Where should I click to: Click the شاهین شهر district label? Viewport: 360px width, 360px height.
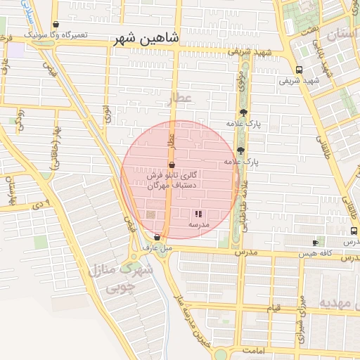point(146,39)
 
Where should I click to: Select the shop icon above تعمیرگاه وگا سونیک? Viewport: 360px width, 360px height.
point(56,24)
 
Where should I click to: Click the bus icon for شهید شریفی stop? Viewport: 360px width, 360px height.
point(300,70)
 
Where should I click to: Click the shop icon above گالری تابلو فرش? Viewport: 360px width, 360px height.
point(172,163)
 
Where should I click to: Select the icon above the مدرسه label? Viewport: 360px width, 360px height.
point(198,212)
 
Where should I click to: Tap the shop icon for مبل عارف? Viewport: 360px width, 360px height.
point(157,237)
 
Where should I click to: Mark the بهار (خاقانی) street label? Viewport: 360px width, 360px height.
point(54,151)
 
